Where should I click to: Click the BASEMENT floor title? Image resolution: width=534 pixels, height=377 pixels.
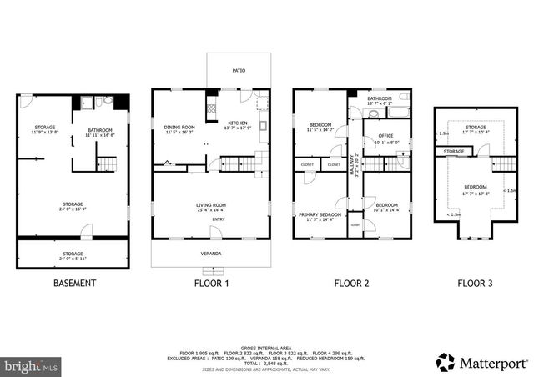click(x=74, y=283)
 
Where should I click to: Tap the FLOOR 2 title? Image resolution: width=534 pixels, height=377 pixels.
click(x=351, y=283)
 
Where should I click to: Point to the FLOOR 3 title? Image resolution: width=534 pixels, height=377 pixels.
click(x=475, y=283)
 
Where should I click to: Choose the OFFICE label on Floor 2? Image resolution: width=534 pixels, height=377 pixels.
click(x=385, y=136)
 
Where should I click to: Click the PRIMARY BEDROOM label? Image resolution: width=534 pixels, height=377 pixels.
click(x=320, y=215)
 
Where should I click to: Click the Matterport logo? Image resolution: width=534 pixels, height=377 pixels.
click(x=482, y=362)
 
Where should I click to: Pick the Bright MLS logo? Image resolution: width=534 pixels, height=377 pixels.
click(x=31, y=365)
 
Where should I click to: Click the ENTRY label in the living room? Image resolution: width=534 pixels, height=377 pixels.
click(x=218, y=219)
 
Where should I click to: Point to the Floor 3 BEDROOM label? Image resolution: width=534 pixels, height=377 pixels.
click(x=476, y=188)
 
